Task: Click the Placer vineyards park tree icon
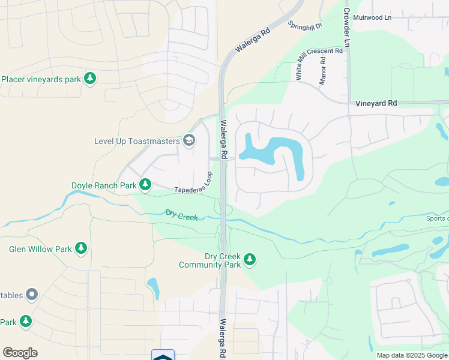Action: click(90, 79)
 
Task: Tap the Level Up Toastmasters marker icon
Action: click(189, 141)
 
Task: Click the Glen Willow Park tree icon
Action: click(81, 248)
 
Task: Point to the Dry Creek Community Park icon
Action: click(250, 260)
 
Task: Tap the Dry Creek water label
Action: click(182, 215)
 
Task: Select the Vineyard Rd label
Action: click(376, 103)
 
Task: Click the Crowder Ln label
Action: click(347, 28)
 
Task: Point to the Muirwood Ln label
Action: click(373, 18)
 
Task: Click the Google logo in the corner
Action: click(20, 353)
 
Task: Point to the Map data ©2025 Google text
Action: click(412, 355)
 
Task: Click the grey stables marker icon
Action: click(31, 295)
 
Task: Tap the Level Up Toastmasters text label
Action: click(137, 141)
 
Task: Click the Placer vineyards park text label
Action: click(41, 79)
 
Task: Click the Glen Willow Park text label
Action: click(40, 248)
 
